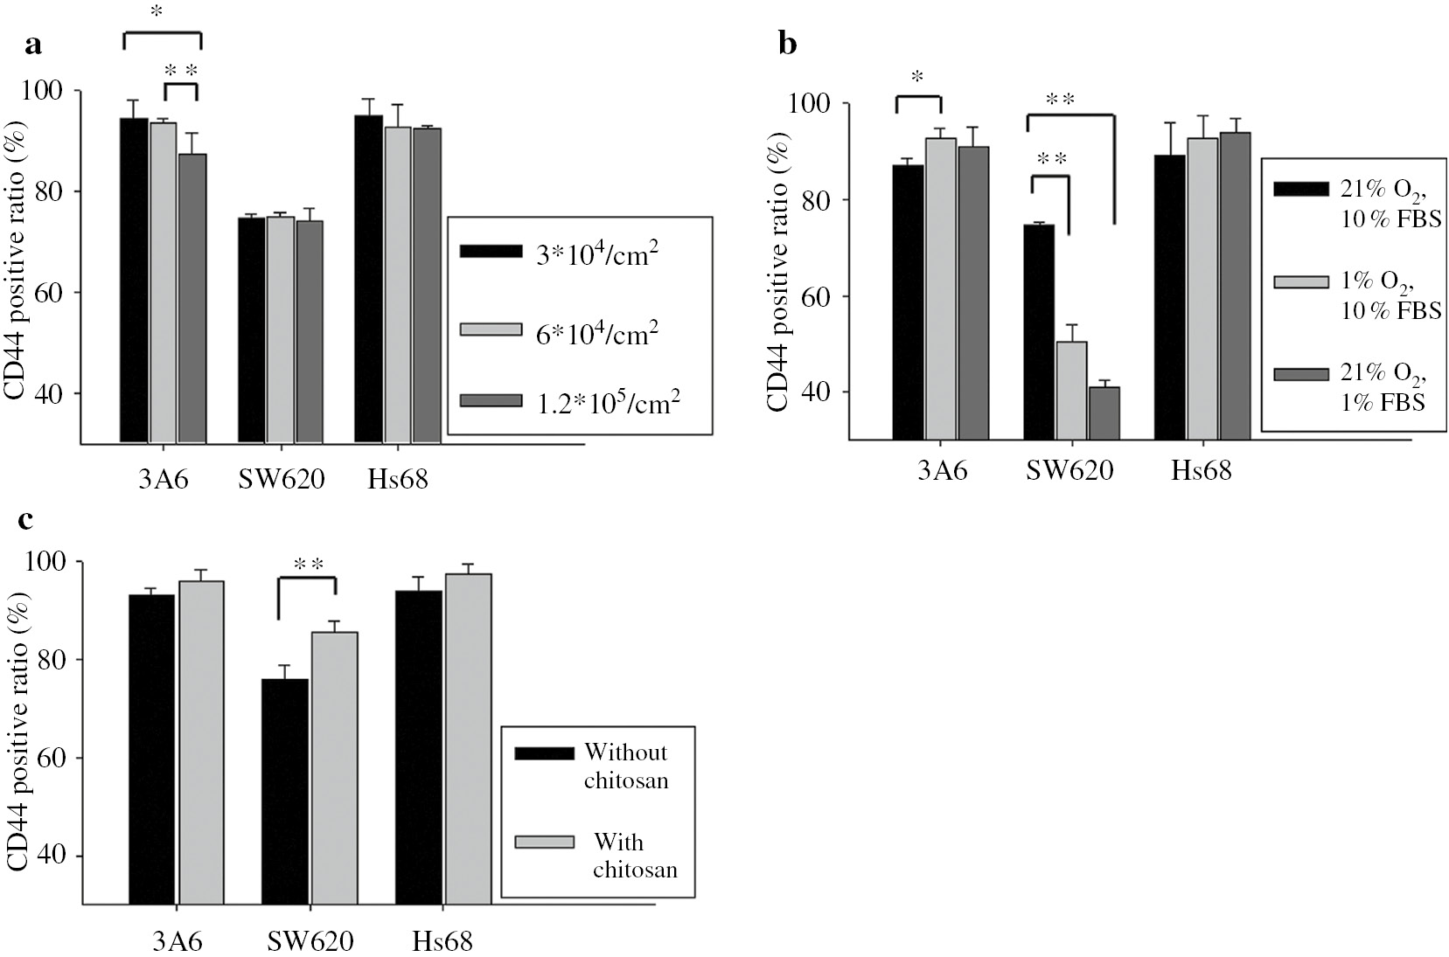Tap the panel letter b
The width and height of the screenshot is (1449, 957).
[x=788, y=45]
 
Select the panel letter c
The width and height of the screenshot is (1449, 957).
[x=27, y=520]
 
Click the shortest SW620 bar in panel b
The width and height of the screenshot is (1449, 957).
[x=1104, y=412]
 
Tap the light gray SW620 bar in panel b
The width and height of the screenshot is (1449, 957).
[x=1071, y=389]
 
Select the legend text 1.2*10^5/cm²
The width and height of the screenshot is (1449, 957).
[x=603, y=401]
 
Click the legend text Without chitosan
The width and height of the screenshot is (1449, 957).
[x=625, y=766]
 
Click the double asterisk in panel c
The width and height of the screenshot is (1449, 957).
[x=309, y=564]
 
